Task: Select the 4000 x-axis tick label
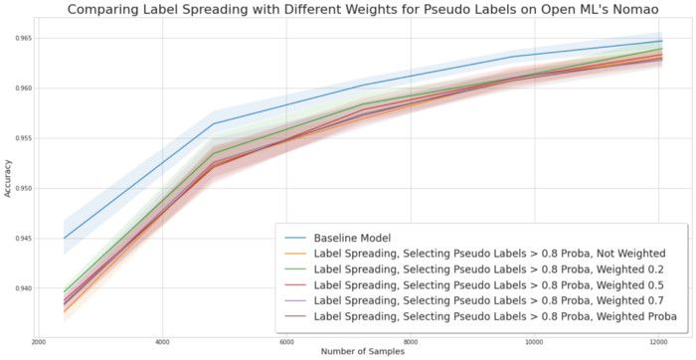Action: click(x=162, y=340)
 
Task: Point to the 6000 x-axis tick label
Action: click(x=285, y=340)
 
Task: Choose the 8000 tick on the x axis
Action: click(x=409, y=340)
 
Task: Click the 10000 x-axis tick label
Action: click(x=532, y=340)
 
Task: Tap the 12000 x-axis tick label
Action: click(x=655, y=340)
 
